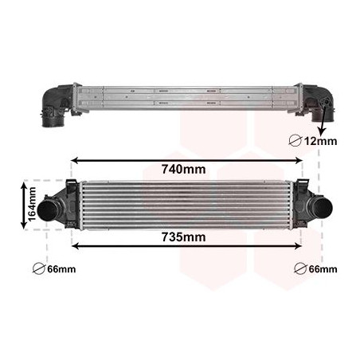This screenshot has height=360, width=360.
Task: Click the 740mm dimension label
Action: click(x=182, y=169)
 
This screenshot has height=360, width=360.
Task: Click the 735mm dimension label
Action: click(x=182, y=237)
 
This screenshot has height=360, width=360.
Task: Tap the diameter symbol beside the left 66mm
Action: click(x=38, y=269)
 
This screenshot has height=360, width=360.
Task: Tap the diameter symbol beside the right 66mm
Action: click(x=299, y=269)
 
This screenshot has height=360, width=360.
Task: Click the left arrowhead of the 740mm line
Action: click(x=77, y=158)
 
